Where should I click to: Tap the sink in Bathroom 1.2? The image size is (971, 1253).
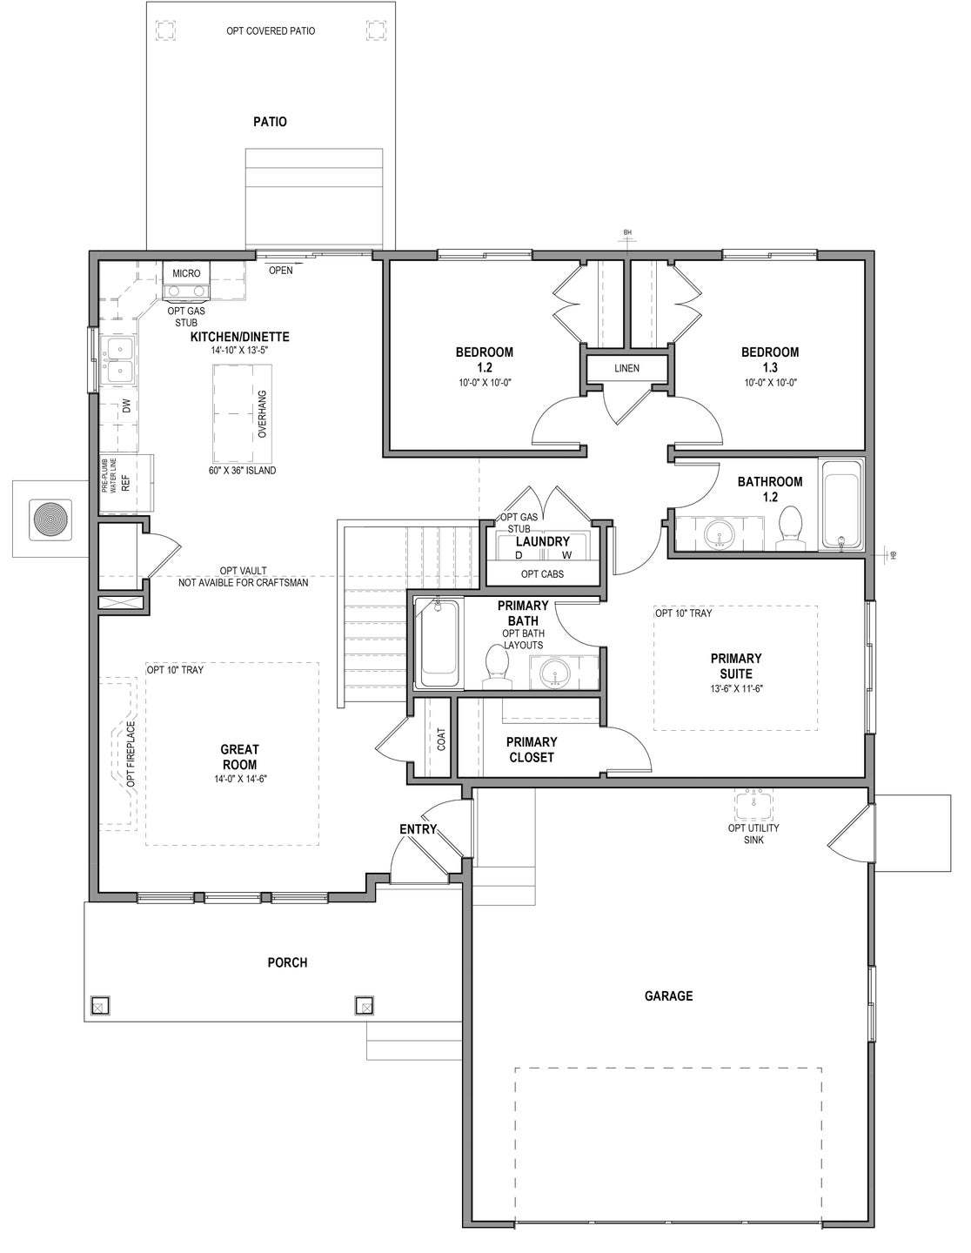click(720, 532)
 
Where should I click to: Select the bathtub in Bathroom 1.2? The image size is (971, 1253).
click(841, 507)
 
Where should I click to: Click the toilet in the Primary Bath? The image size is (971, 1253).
click(497, 665)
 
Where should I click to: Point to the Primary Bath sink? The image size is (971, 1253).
click(554, 673)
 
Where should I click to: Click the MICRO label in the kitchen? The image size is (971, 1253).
click(186, 273)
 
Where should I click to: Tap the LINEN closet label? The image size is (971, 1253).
click(626, 368)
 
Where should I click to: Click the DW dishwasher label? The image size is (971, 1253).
click(127, 406)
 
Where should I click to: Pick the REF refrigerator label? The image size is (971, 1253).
click(125, 484)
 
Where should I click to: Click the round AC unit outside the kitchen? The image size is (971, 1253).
click(50, 519)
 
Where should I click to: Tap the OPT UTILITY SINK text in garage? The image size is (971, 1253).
click(753, 834)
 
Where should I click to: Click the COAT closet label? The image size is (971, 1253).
click(442, 740)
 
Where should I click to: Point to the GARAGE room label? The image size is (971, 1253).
click(668, 995)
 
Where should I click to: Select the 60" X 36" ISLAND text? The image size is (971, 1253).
click(243, 471)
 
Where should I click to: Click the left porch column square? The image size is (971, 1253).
click(98, 1006)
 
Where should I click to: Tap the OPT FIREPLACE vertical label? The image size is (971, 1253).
click(131, 754)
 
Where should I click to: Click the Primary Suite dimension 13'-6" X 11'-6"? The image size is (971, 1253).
click(735, 688)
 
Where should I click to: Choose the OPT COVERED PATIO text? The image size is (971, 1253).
click(271, 31)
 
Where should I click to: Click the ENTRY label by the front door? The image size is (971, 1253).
click(418, 829)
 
